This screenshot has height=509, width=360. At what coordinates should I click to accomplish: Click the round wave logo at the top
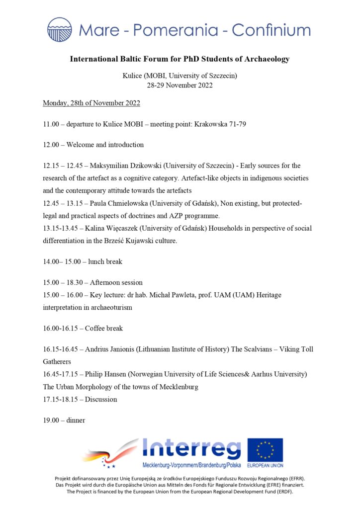[60, 29]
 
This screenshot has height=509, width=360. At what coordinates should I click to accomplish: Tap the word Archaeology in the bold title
[266, 59]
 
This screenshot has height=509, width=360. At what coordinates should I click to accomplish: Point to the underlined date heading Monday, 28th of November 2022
[91, 103]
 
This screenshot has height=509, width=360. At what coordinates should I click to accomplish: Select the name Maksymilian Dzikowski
[127, 166]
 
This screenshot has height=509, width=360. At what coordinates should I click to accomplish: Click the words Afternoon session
[116, 282]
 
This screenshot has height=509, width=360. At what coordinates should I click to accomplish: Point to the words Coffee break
[104, 328]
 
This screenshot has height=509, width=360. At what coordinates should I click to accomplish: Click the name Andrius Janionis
[112, 349]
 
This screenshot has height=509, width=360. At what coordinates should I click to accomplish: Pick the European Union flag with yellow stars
[265, 449]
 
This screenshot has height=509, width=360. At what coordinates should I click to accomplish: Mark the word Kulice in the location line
[132, 76]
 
